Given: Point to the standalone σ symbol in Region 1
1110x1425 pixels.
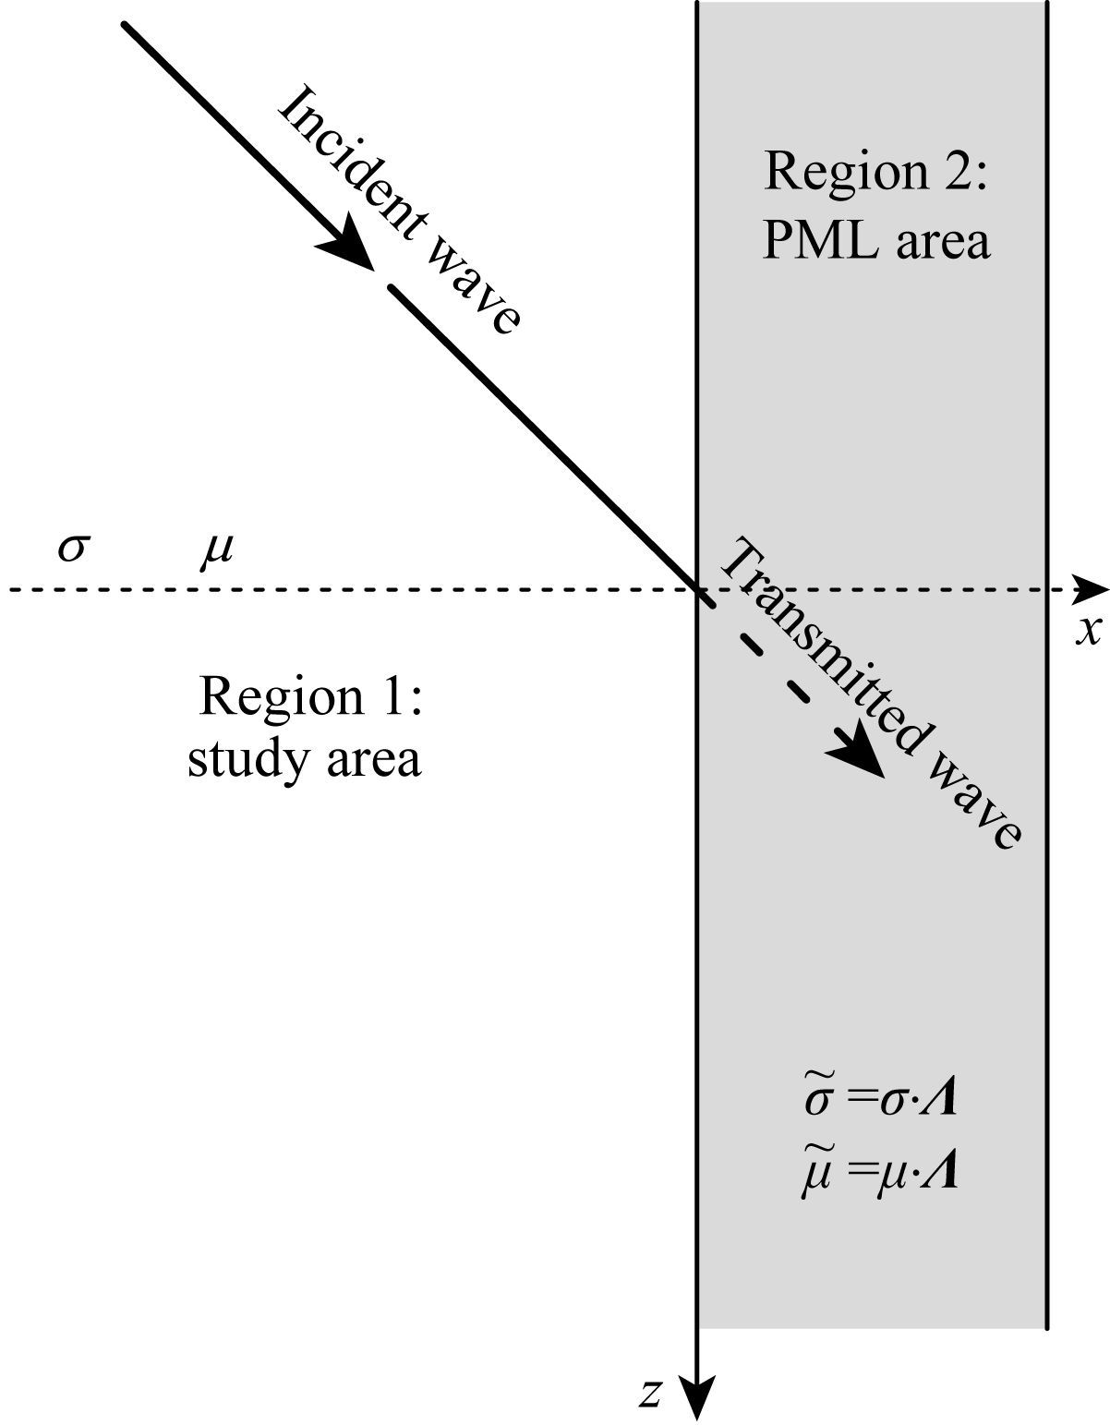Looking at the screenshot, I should tap(72, 548).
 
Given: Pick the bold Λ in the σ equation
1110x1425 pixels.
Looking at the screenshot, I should tap(937, 1100).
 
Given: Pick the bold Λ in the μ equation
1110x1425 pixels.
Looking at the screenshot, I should tap(938, 1174).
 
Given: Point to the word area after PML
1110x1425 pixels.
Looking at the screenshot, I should tap(941, 241).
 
